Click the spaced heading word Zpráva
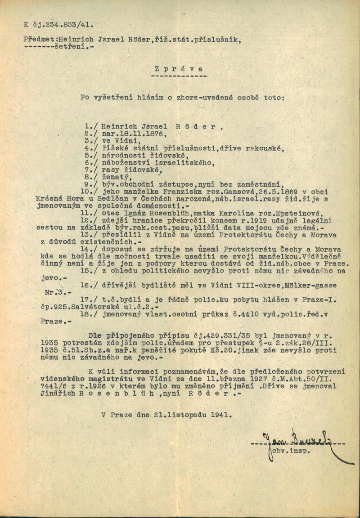tap(178, 69)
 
